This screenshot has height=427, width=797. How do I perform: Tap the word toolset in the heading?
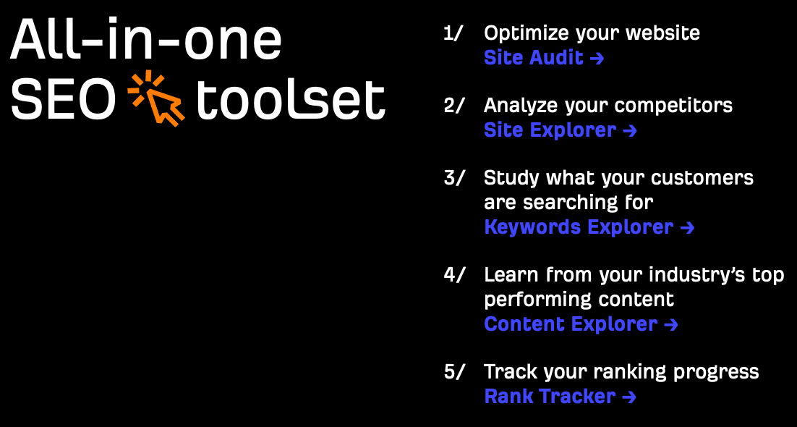pos(290,98)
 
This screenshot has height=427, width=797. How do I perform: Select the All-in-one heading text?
pos(146,41)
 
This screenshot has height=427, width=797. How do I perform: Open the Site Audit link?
pos(544,58)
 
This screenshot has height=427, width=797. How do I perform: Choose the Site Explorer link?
pos(560,131)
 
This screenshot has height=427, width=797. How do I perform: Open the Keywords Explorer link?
pos(589,227)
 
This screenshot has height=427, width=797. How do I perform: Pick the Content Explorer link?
pos(581,324)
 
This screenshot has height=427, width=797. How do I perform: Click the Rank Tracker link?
pos(560,396)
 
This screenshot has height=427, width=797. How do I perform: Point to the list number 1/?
pos(453,33)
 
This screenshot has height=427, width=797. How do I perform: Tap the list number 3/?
pos(454,179)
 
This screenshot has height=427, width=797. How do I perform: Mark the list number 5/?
pos(454,371)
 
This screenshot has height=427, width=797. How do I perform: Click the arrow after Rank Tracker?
pos(629,397)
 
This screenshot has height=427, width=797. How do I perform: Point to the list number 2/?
pos(454,106)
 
